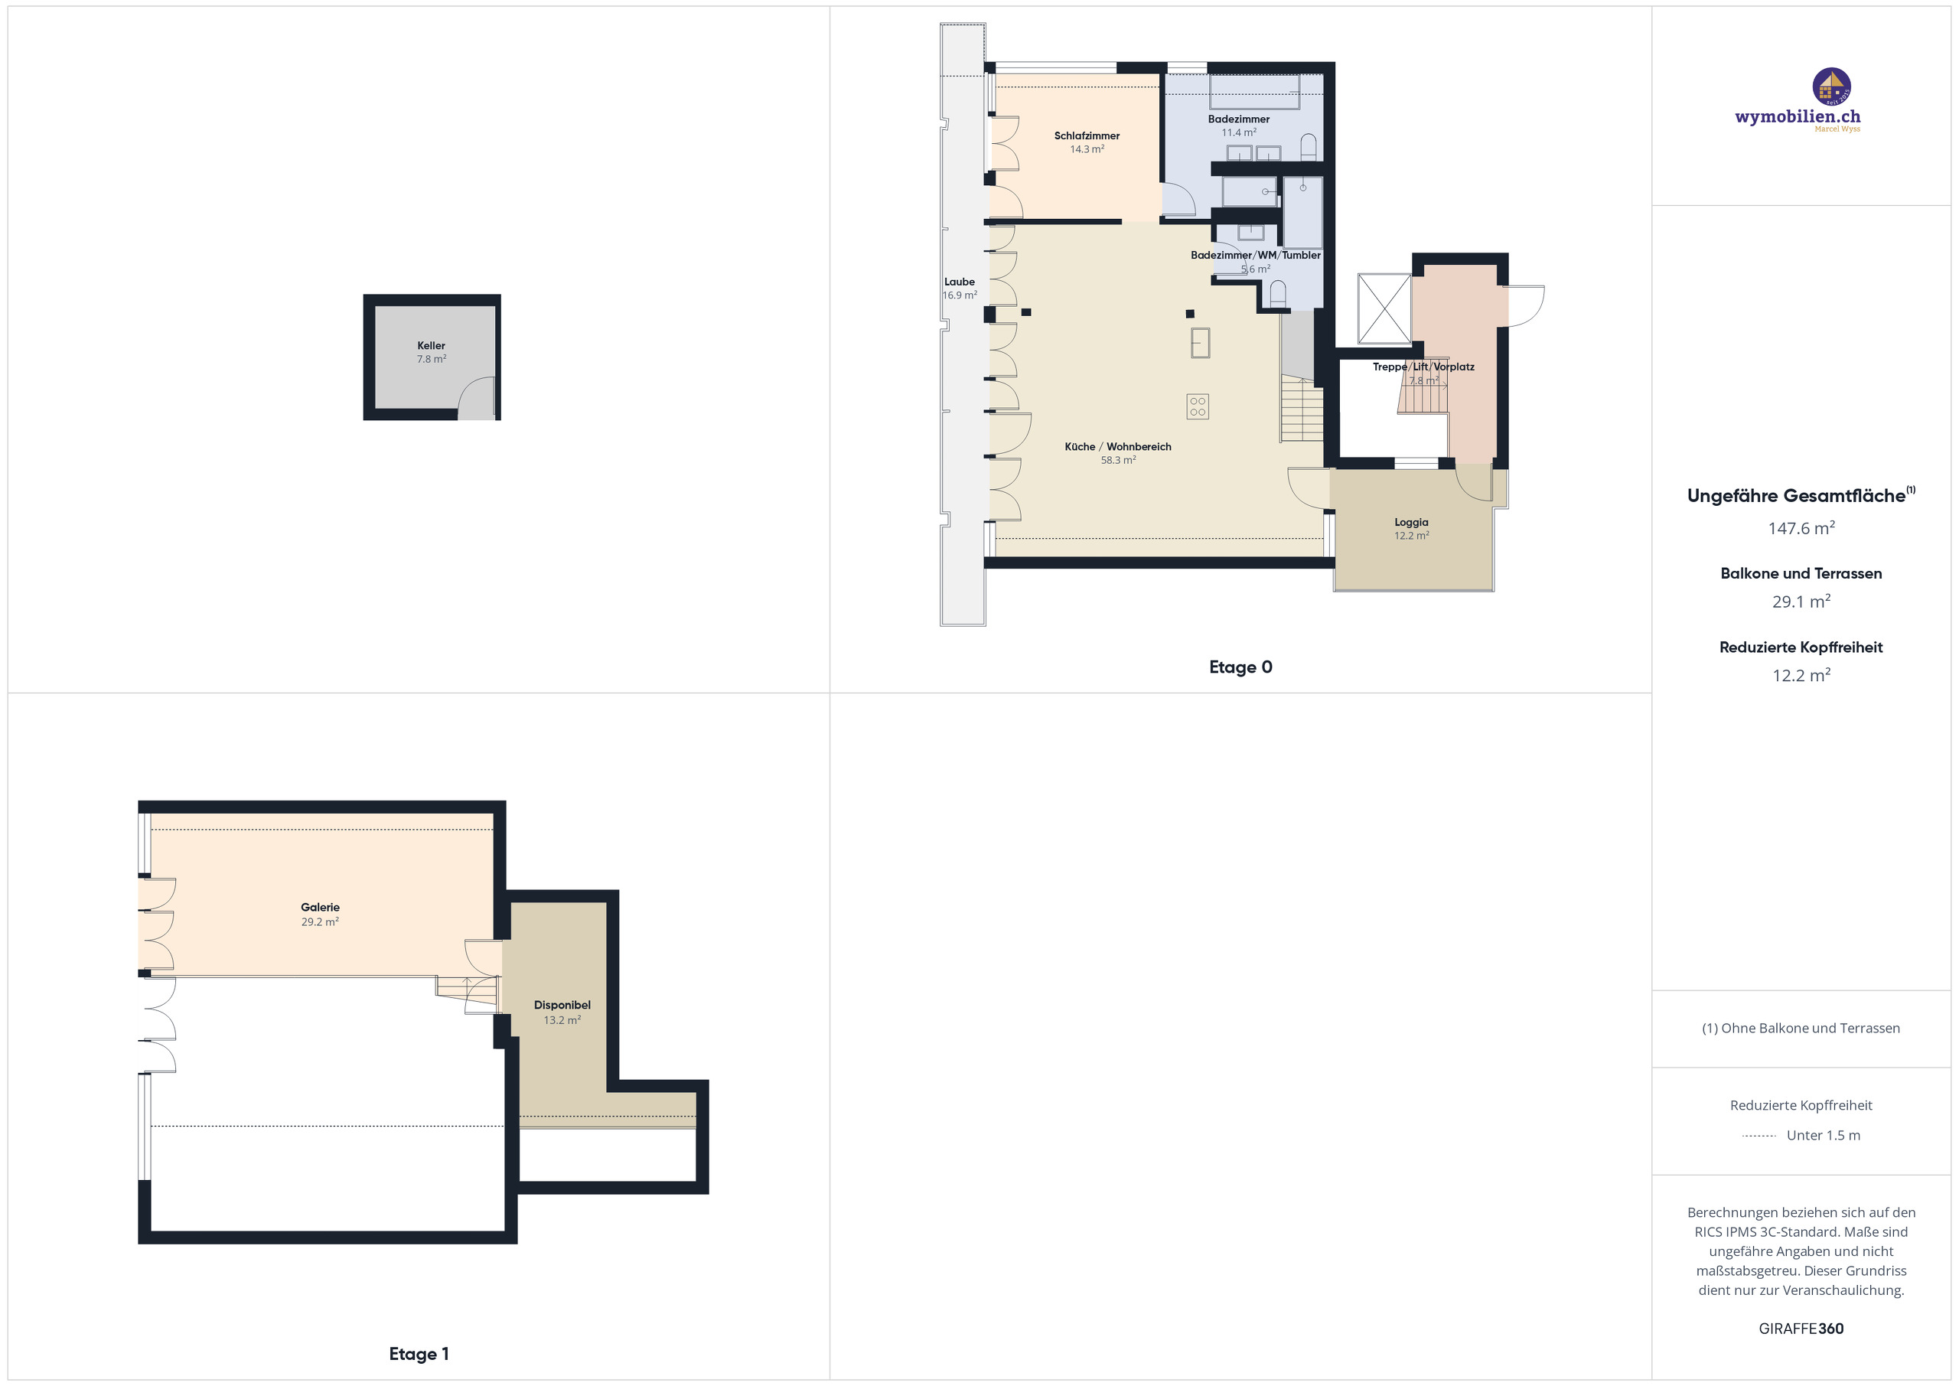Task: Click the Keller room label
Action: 431,346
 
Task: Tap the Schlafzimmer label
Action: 1086,135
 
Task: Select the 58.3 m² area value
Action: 1118,460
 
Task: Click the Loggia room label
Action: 1411,522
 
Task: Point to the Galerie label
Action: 320,907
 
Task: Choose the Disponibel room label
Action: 562,1006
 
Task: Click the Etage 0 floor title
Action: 1240,667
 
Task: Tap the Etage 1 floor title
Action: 418,1354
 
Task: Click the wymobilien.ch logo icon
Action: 1831,87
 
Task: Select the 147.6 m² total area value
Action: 1801,528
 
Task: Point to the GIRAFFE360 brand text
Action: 1801,1329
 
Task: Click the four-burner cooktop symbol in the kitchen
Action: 1197,406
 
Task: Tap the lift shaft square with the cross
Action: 1384,309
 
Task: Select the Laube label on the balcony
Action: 959,282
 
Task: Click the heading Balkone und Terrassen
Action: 1801,573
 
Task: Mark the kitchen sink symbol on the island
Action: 1200,342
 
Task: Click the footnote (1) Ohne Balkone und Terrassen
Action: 1801,1029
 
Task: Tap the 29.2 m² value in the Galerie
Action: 320,921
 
